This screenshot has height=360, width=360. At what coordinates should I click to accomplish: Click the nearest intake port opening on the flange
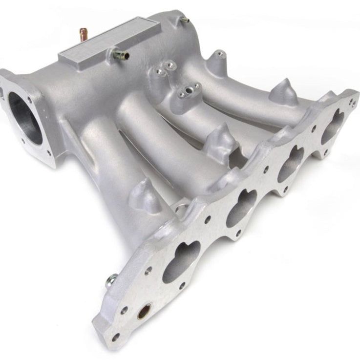point(181,261)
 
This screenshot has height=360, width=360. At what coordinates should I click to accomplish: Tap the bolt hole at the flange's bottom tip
point(115,337)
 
